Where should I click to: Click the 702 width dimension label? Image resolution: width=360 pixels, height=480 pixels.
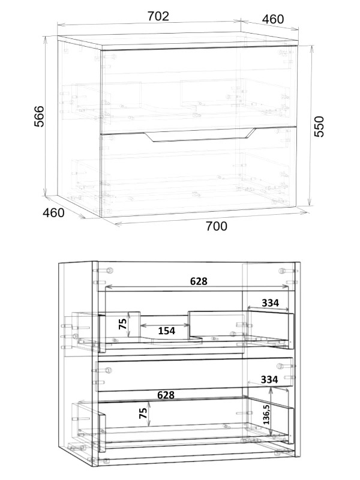coord(158,16)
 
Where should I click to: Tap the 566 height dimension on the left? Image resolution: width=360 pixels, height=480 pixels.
coord(39,116)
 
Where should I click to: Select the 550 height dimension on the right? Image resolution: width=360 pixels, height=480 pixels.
coord(319,127)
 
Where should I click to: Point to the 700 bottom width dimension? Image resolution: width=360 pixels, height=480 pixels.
coord(217,226)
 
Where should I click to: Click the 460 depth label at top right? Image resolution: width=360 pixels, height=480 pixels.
coord(273,19)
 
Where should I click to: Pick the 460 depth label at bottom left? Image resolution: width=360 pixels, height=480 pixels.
coord(53,212)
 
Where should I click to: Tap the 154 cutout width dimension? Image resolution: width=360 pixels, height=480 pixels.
coord(167,331)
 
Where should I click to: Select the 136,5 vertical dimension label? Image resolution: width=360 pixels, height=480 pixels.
coord(266,414)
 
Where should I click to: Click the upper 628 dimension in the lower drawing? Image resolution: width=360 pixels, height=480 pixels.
coord(199,281)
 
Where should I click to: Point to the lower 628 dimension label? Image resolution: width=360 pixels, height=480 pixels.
coord(166,395)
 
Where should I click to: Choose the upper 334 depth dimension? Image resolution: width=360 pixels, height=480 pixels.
coord(271,303)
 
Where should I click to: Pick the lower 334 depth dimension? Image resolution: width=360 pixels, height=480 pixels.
coord(269,380)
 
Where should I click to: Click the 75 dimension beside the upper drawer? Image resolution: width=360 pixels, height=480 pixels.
coord(123,323)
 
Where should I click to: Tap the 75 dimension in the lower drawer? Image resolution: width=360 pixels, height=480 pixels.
coord(143,413)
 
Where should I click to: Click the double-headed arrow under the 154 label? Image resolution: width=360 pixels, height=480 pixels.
coord(166,325)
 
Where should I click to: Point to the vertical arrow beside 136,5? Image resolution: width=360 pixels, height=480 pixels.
coord(271,411)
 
